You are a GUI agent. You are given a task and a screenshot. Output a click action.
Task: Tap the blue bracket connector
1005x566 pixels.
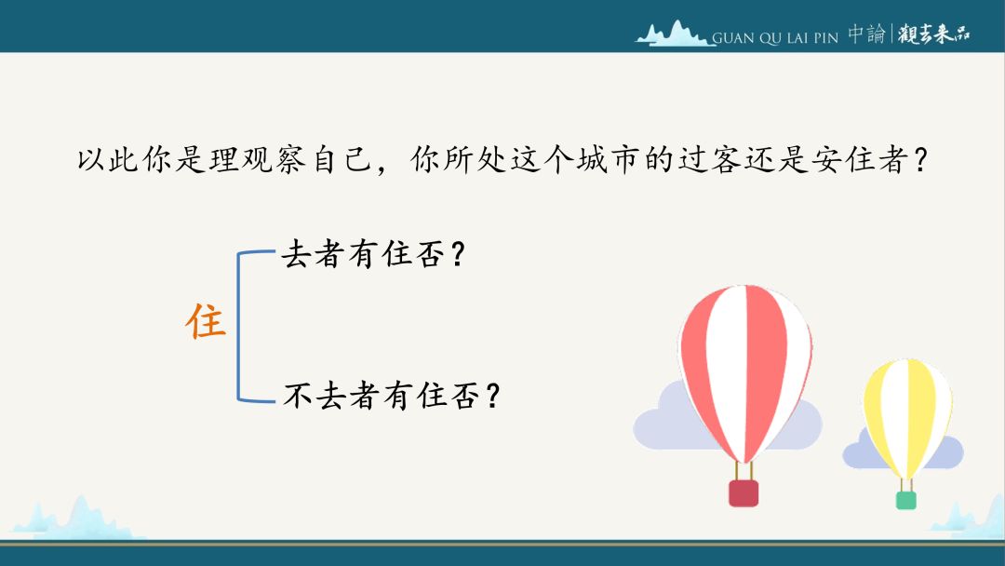pos(238,327)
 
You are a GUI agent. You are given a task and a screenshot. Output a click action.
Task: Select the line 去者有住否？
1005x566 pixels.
pos(373,254)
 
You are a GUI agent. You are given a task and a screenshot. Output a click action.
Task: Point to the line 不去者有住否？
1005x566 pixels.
pos(392,395)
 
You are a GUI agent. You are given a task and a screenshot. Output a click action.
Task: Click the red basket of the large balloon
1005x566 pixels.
pos(744,493)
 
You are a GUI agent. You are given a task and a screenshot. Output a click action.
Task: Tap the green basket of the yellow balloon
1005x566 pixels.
pos(905,500)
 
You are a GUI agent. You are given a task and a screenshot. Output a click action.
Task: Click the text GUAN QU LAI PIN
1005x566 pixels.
pos(775,38)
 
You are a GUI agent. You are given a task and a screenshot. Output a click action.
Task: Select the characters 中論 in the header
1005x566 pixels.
pos(866,34)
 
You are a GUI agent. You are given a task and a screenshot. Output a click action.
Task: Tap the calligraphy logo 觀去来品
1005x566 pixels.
pos(933,34)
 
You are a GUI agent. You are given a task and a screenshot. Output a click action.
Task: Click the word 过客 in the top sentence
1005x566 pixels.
pos(710,159)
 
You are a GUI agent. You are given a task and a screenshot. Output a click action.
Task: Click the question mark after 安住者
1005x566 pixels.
pos(921,160)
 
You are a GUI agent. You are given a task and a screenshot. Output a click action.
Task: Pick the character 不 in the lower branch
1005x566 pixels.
pos(298,395)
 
